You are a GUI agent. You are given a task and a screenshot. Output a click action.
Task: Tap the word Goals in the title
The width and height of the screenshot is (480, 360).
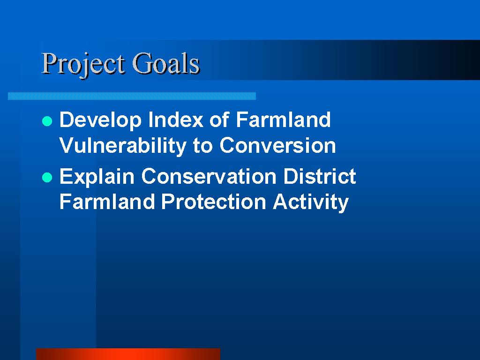166,63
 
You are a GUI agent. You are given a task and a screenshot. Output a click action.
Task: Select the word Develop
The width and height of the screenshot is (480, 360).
100,120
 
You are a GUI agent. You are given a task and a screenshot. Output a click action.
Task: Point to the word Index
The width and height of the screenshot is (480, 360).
176,120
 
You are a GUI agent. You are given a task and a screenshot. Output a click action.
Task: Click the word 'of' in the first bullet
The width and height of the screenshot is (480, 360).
219,120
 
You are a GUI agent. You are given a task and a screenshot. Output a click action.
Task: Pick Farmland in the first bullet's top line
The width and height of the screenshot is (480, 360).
284,120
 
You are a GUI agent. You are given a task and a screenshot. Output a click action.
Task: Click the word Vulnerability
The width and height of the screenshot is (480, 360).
123,146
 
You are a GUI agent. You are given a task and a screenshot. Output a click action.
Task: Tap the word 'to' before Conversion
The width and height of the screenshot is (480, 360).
202,146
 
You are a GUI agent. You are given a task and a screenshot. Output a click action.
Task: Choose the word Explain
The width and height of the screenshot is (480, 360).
97,177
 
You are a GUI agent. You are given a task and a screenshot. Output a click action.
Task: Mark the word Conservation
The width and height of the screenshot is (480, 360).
209,176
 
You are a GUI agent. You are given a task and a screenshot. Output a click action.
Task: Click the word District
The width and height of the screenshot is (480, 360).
320,176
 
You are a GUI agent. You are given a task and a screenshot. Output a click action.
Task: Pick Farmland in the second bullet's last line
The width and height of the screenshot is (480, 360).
107,202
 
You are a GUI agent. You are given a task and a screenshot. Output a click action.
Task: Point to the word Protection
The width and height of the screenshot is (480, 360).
214,202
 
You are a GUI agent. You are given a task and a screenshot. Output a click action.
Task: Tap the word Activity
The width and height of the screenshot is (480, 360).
311,202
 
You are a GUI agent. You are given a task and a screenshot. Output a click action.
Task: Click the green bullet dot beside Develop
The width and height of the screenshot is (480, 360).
47,121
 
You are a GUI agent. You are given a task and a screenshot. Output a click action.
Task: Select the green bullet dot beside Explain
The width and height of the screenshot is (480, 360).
47,177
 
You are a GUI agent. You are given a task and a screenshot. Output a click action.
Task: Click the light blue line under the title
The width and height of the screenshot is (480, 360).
132,96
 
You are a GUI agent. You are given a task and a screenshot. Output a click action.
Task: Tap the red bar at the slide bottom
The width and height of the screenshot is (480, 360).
128,354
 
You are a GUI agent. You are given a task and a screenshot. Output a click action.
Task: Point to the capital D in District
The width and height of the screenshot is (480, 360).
290,176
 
